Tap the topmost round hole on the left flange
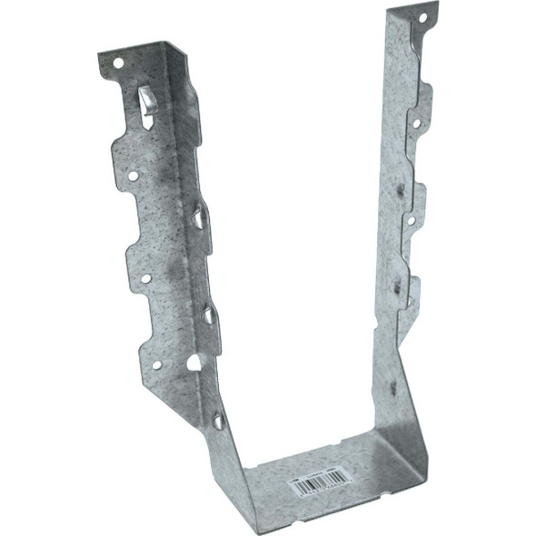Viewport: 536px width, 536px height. click(118, 63)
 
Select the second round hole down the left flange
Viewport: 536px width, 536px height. click(133, 176)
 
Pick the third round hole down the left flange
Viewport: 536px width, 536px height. click(145, 278)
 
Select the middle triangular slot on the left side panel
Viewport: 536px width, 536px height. click(209, 314)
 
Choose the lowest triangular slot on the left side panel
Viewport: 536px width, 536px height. click(218, 420)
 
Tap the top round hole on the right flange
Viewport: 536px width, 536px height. click(421, 17)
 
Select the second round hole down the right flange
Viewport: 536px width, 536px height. click(415, 122)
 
